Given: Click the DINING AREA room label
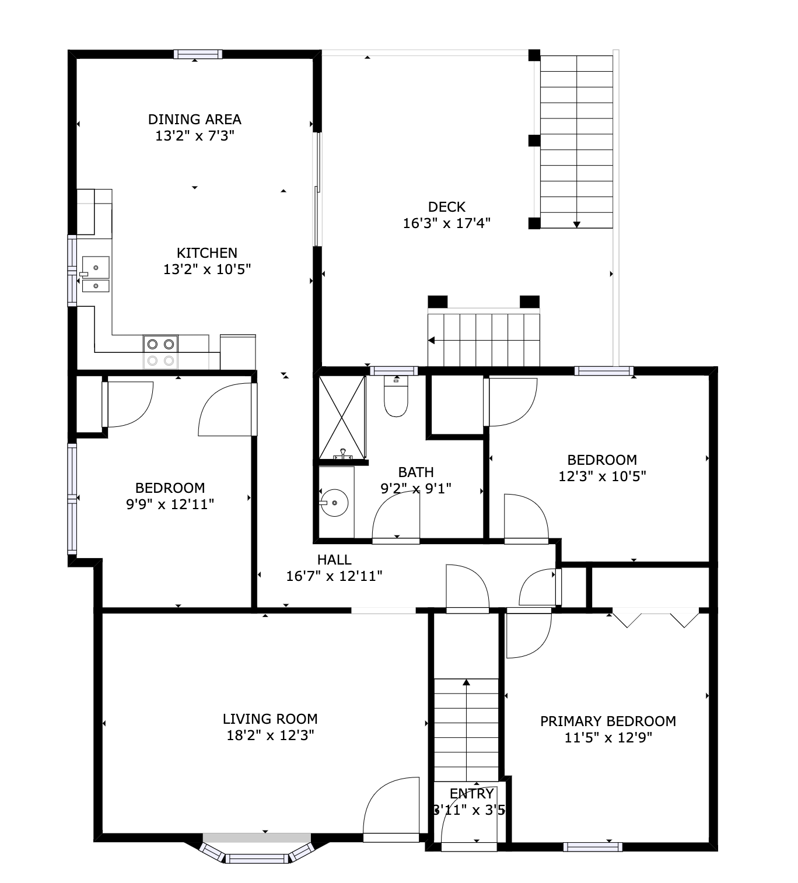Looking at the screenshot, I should tap(194, 119).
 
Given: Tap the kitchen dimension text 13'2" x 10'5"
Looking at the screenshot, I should tap(207, 269).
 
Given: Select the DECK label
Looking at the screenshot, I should tap(447, 206).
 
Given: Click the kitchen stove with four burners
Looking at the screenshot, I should tap(160, 352).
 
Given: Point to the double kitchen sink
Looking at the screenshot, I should tap(95, 274).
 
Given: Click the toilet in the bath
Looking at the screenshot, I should tap(396, 398).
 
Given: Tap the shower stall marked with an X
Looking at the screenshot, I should tap(342, 417).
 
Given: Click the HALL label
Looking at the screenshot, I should tap(334, 560).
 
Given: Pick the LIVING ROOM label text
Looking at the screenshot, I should tap(270, 719).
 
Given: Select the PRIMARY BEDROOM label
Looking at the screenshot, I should tap(608, 721).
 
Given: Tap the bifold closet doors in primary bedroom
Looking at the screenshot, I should tap(655, 618).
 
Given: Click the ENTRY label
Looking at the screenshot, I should tap(472, 794).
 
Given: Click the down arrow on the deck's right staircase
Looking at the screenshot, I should tap(577, 224).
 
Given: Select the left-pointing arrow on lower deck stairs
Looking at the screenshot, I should tap(432, 341).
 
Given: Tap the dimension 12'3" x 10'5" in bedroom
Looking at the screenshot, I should tap(602, 476).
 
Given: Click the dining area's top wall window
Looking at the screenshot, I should tap(198, 54).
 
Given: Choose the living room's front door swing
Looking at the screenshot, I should tap(391, 808).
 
